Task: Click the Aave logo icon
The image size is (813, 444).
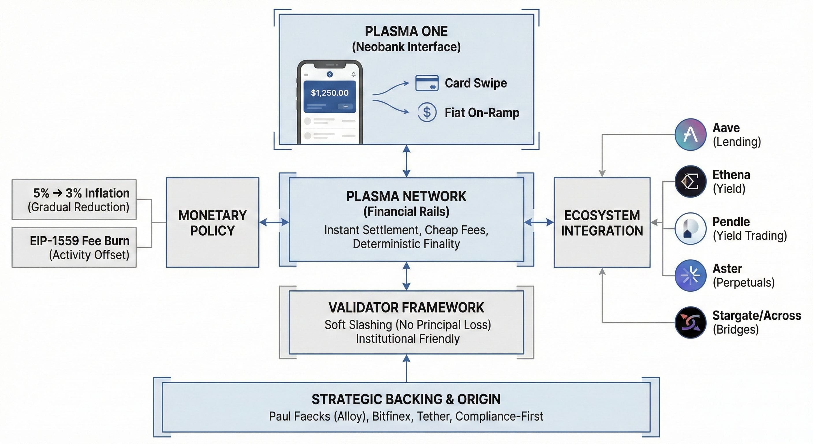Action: (690, 135)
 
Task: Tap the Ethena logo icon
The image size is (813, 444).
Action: (690, 182)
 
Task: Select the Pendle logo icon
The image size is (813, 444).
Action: (690, 228)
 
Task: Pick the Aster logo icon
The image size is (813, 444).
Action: (690, 275)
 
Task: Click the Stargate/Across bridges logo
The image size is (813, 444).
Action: (690, 322)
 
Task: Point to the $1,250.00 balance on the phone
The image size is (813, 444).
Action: (329, 93)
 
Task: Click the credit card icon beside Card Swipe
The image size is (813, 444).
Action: (427, 83)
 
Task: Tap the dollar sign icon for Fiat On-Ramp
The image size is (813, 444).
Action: (427, 112)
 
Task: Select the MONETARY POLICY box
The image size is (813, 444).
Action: (212, 223)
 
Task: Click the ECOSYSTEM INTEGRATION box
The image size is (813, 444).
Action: (602, 223)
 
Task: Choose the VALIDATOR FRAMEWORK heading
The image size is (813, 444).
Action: (406, 308)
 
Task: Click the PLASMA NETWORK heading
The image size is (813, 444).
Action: (406, 196)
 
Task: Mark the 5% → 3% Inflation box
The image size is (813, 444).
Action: (74, 200)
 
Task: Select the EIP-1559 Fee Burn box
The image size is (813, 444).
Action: (74, 247)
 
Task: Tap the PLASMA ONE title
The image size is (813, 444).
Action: (406, 31)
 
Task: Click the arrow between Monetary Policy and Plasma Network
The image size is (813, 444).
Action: (274, 222)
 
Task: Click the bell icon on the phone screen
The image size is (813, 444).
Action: (353, 74)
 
